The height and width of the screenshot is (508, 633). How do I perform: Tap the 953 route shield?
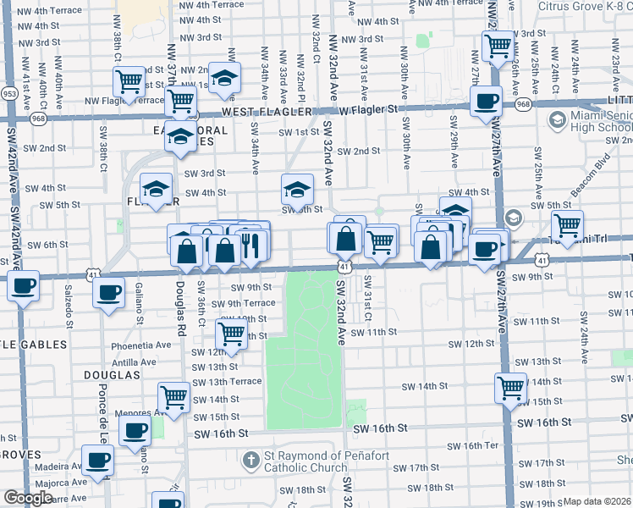coord(10,93)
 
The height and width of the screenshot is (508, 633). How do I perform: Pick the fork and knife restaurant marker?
coord(250,246)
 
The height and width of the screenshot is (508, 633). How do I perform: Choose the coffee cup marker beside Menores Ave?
coord(134,431)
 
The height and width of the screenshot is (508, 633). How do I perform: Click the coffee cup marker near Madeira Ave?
coord(97,461)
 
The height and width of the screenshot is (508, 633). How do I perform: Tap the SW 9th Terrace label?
coord(243,303)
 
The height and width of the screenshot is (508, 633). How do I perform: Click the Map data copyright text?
coord(597,501)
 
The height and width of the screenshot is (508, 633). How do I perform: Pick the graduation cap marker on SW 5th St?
coord(297,190)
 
